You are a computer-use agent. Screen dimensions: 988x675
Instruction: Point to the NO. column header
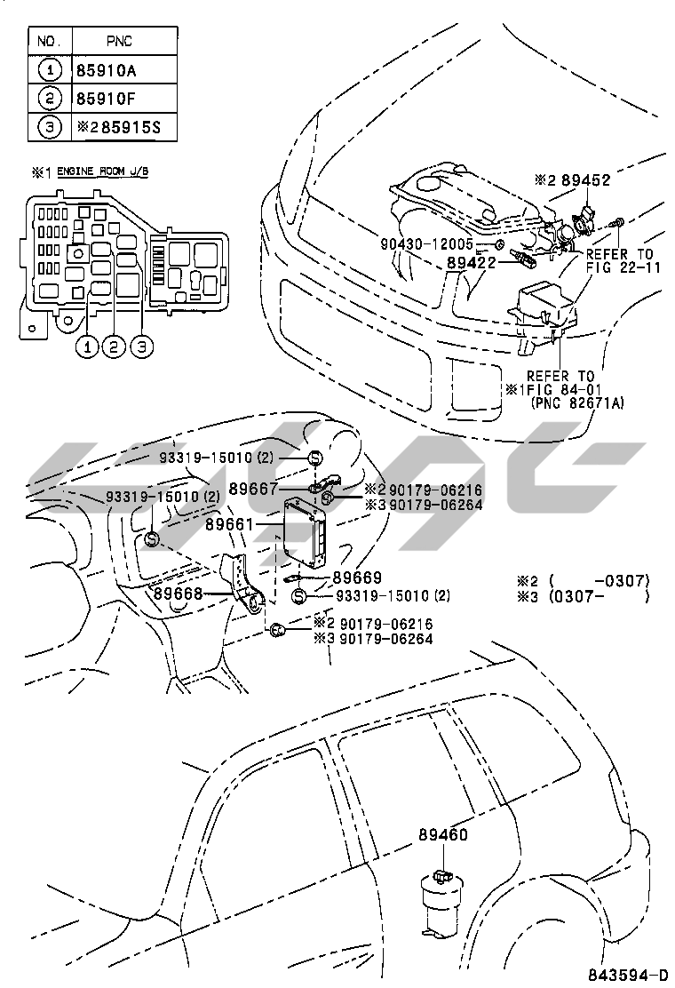(x=49, y=41)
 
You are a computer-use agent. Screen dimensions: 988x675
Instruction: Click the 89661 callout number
(x=230, y=525)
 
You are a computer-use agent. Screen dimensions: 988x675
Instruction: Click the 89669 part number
(x=357, y=578)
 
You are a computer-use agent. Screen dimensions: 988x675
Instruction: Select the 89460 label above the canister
(x=443, y=834)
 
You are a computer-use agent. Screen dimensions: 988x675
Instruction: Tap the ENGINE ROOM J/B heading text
(x=103, y=171)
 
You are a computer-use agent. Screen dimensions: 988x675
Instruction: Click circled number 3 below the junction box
(x=141, y=347)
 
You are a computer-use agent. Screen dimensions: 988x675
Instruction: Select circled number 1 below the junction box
(x=86, y=347)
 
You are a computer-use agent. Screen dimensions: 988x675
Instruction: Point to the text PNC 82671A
(x=578, y=403)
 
